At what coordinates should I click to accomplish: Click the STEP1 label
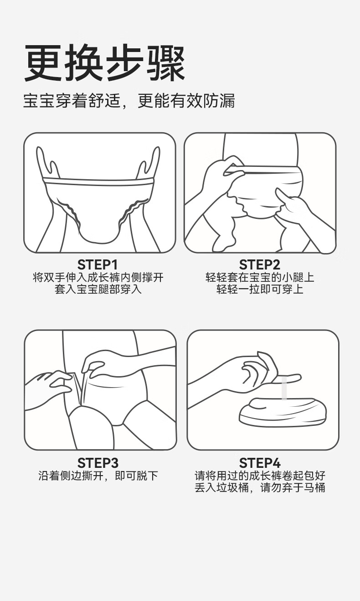tap(98, 265)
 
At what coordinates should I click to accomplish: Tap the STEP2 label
tap(259, 265)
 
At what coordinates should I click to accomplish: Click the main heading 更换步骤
tap(104, 63)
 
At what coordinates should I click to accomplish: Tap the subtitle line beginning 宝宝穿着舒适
tap(129, 101)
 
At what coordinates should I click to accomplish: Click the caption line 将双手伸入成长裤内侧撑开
tap(98, 277)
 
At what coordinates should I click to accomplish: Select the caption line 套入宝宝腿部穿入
tap(98, 289)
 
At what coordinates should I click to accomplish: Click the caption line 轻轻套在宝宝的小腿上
tap(260, 277)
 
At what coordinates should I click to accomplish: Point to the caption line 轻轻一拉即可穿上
tap(260, 289)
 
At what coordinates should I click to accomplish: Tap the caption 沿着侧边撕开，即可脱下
tap(98, 476)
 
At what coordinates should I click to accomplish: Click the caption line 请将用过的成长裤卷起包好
tap(260, 476)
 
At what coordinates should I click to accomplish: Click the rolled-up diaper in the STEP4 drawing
tap(283, 414)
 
